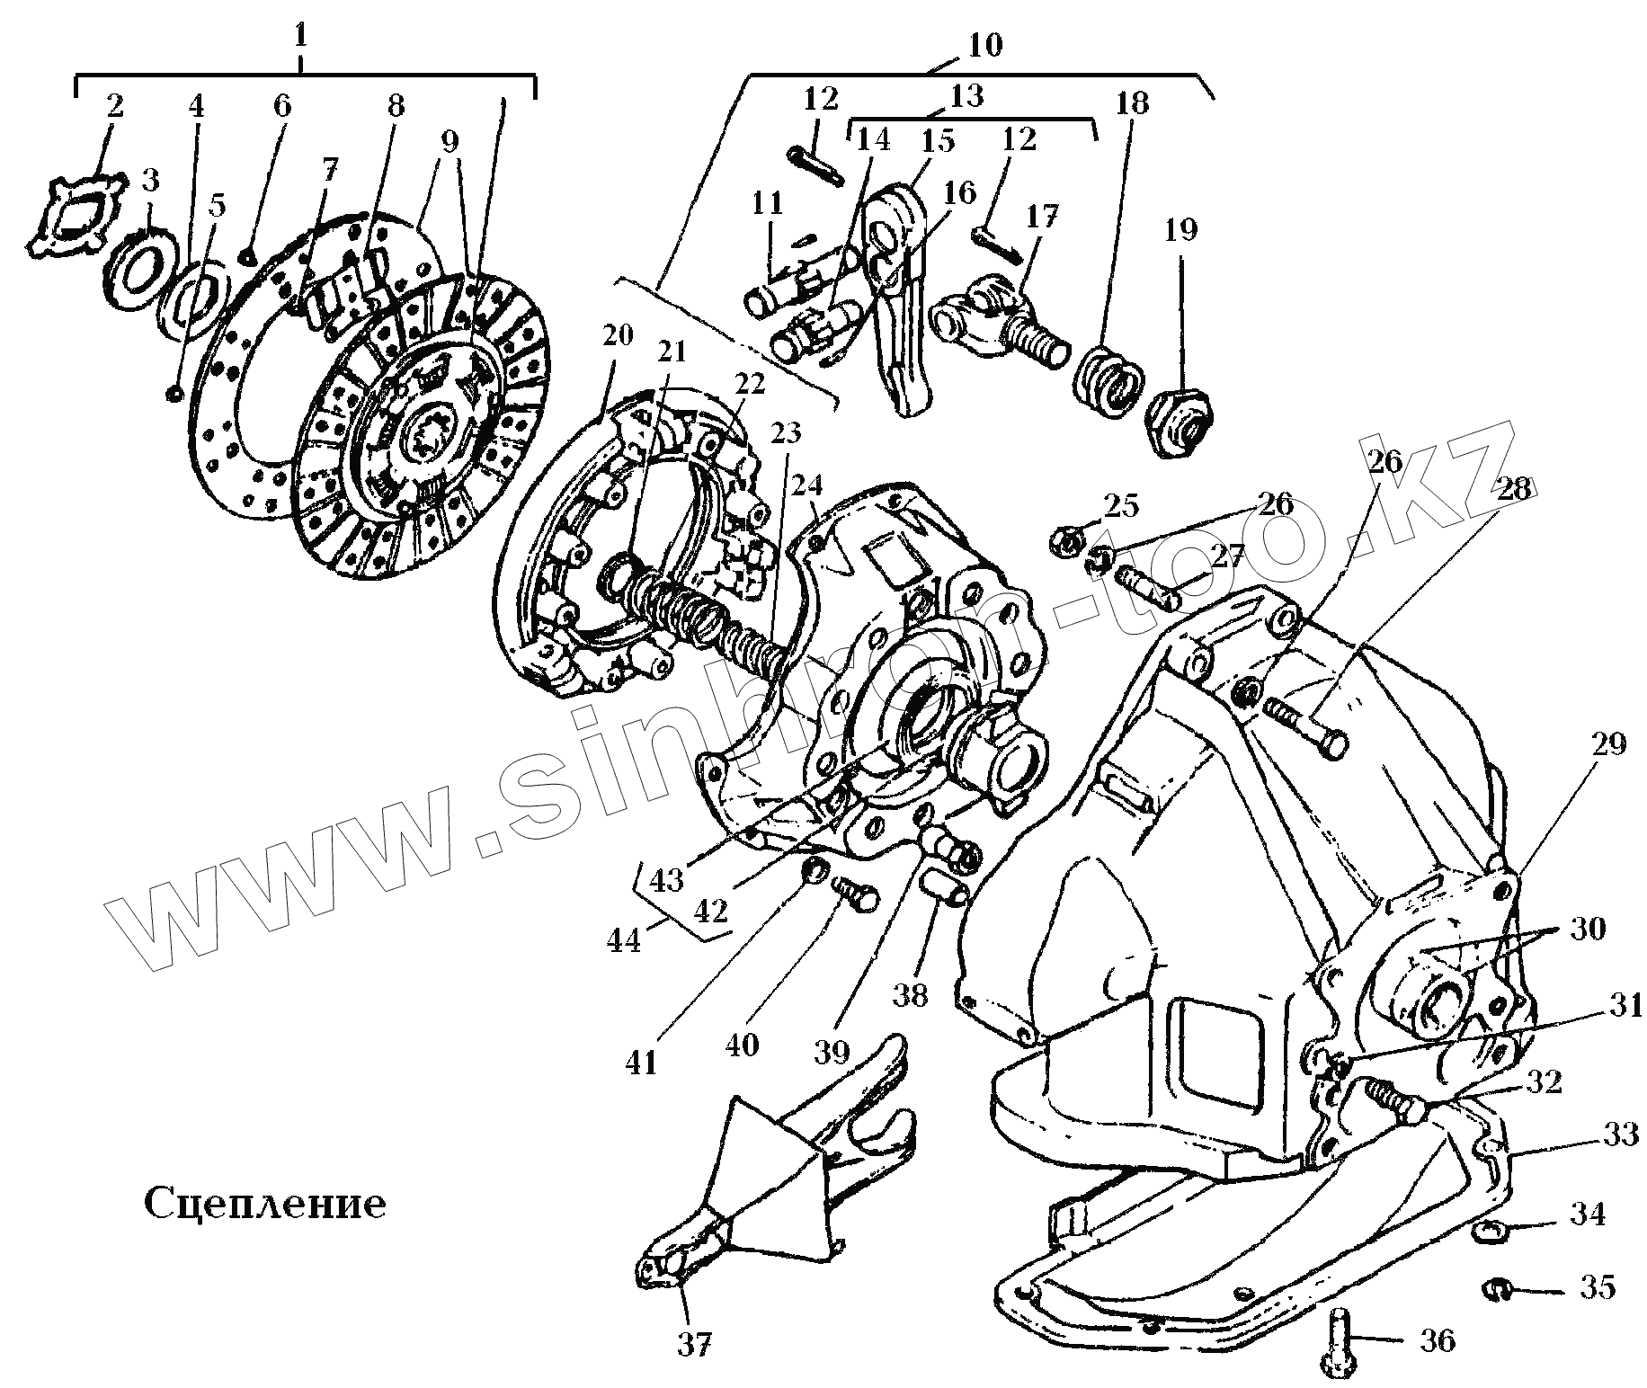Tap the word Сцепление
(265, 1203)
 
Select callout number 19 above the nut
(1180, 230)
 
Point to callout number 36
(1437, 1341)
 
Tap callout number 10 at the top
(986, 45)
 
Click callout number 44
(623, 940)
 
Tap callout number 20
(618, 335)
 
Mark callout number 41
(641, 1063)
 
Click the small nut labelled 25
(1065, 541)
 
